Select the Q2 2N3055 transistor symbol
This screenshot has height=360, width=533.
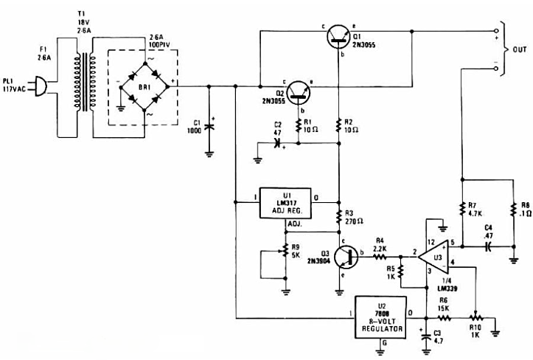[x=298, y=90]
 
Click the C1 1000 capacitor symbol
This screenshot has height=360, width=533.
[x=209, y=126]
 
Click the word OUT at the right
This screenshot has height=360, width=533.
[x=519, y=50]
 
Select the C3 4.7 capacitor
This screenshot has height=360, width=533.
[x=425, y=336]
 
